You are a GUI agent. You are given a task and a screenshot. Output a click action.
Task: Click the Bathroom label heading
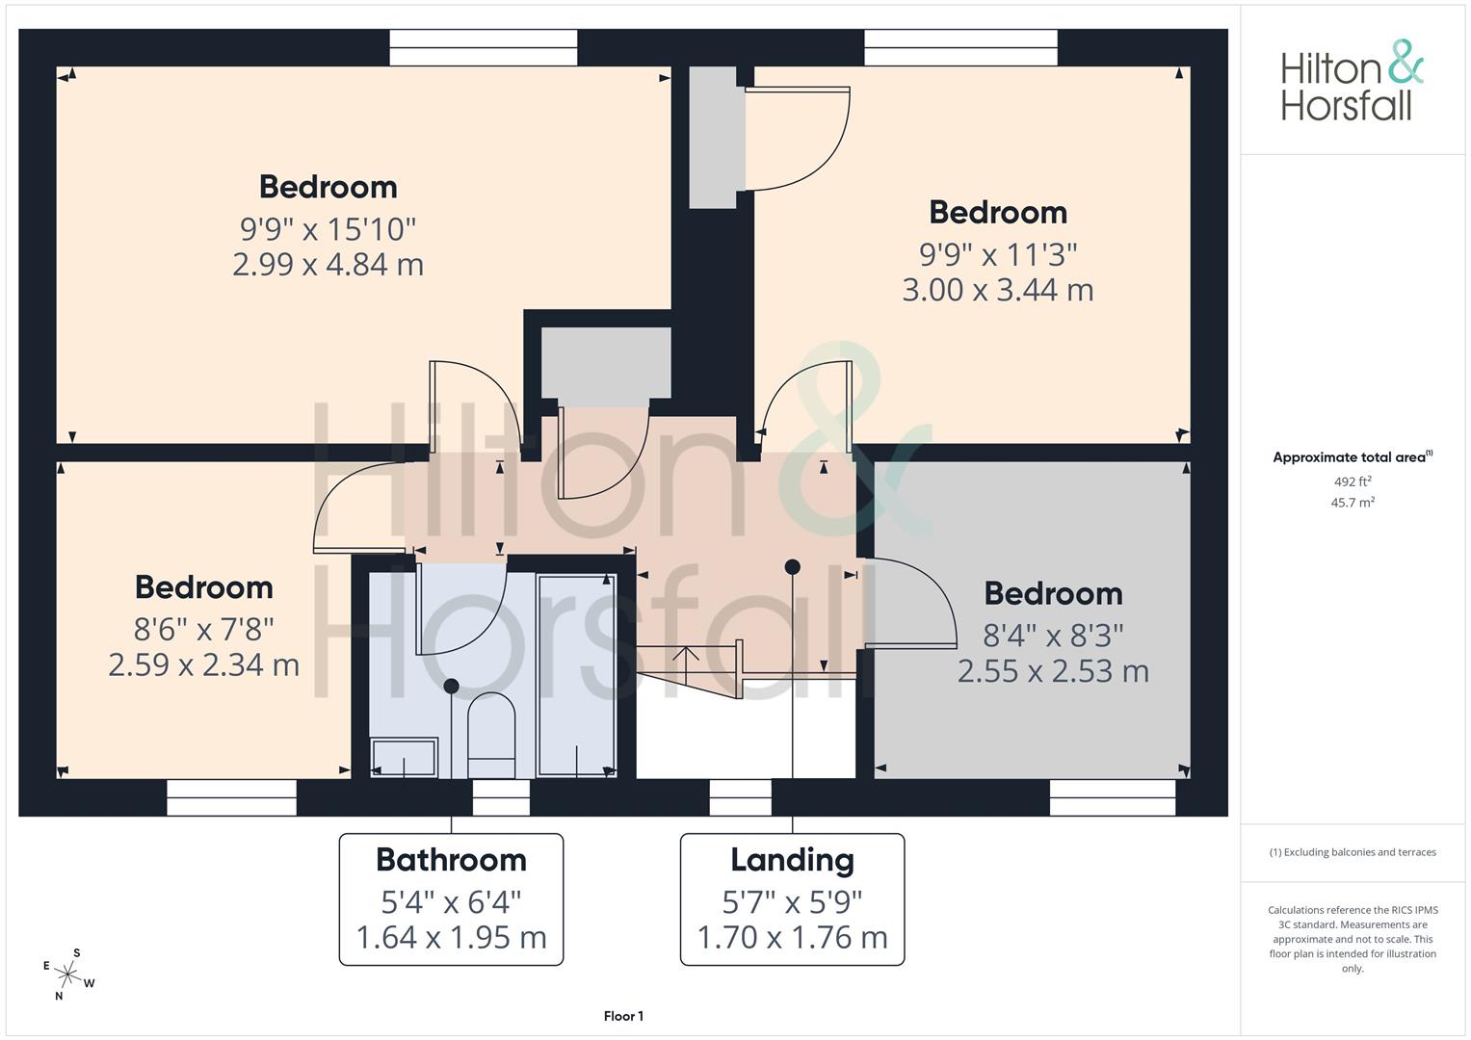pos(451,860)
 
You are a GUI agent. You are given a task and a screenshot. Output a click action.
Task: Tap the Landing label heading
pos(792,861)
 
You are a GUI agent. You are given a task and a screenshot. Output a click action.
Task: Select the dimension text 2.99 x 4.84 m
pos(328,265)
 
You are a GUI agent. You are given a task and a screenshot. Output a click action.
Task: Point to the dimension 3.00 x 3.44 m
pos(997,290)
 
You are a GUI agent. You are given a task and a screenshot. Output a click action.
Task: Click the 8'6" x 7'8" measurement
pos(203,630)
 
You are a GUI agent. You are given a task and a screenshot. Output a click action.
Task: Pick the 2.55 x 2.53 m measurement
pos(1053,671)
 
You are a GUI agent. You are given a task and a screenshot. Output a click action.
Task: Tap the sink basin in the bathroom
pos(404,758)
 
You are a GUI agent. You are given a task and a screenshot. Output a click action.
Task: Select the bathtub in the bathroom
pos(577,676)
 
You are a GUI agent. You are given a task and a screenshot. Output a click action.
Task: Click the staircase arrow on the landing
pos(685,665)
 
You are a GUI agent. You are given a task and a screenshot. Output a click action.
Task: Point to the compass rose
pos(68,975)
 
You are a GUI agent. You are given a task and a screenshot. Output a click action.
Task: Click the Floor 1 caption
pos(623,1016)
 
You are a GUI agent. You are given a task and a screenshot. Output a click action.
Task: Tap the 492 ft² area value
pos(1353,481)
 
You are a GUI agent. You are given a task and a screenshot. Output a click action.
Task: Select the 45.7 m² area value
pos(1353,503)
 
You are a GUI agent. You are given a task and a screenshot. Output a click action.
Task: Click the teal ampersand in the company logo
pos(1405,62)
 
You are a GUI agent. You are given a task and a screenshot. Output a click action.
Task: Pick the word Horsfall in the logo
pos(1346,105)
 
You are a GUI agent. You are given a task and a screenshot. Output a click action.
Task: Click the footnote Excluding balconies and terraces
pos(1353,852)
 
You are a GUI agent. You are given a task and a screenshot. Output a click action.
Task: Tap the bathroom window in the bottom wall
pos(501,797)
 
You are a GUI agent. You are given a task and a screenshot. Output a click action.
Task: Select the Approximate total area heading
pos(1353,457)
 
